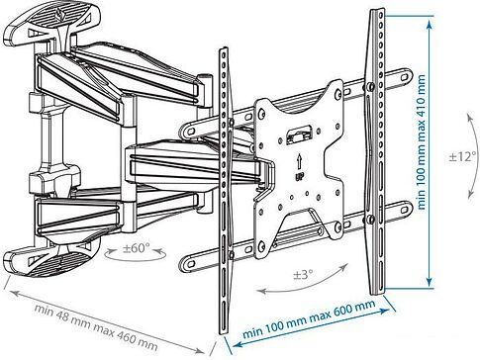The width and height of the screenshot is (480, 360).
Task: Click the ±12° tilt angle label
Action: coord(462,156)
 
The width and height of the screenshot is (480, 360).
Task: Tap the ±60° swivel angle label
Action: coord(137,248)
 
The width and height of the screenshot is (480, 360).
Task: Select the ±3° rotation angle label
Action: coord(304,274)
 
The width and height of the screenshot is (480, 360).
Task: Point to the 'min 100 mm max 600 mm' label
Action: coord(309,318)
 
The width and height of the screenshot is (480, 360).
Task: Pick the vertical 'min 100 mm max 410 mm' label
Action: coord(421,141)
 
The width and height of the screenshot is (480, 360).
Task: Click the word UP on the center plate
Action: coord(300,176)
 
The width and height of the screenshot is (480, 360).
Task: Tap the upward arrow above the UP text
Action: coord(299,161)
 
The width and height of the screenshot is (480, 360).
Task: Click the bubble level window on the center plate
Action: coord(299,135)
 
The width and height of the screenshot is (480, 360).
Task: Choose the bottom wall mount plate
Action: coord(51,259)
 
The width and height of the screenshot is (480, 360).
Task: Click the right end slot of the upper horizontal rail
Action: coord(405,77)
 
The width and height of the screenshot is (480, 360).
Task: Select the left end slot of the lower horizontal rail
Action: coord(190,264)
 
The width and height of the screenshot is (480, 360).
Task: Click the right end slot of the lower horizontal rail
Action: coord(405,209)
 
